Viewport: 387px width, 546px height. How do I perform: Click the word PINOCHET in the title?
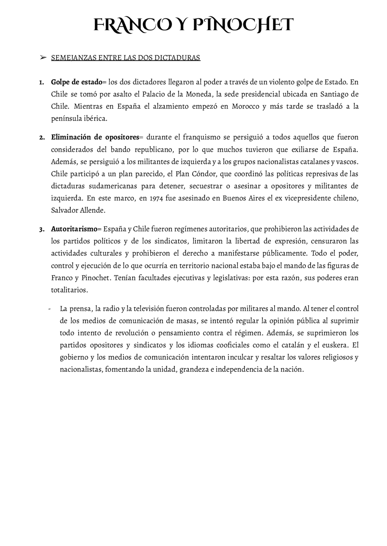click(x=243, y=25)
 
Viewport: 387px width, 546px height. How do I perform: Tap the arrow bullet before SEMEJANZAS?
click(x=43, y=57)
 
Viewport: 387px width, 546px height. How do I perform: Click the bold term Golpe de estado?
click(x=77, y=82)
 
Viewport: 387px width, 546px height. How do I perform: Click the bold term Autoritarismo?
click(x=74, y=229)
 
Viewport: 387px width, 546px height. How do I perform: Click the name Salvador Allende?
click(x=78, y=210)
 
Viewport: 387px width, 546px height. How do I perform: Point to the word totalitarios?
click(x=69, y=290)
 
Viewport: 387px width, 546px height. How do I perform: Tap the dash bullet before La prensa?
click(x=49, y=309)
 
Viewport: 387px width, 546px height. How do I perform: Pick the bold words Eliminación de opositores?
click(x=95, y=137)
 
